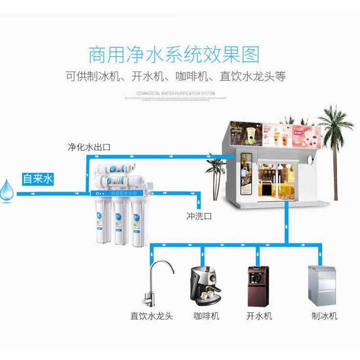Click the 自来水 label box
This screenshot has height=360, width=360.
[x=38, y=179]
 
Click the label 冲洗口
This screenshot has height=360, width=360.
[x=199, y=216]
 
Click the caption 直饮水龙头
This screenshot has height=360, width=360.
[x=152, y=316]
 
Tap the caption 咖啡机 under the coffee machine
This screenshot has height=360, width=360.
[x=206, y=316]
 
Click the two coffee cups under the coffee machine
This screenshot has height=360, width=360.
[x=207, y=295]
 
